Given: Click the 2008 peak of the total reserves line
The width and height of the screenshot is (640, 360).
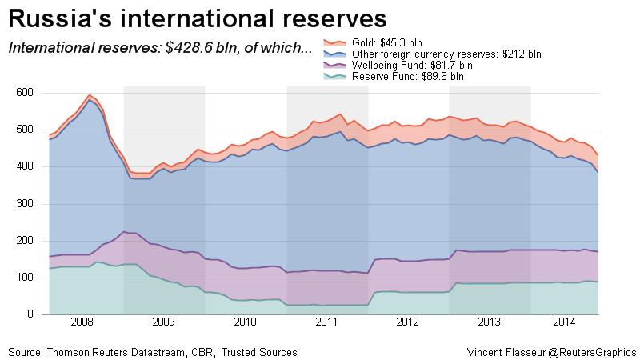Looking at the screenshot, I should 90,95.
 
